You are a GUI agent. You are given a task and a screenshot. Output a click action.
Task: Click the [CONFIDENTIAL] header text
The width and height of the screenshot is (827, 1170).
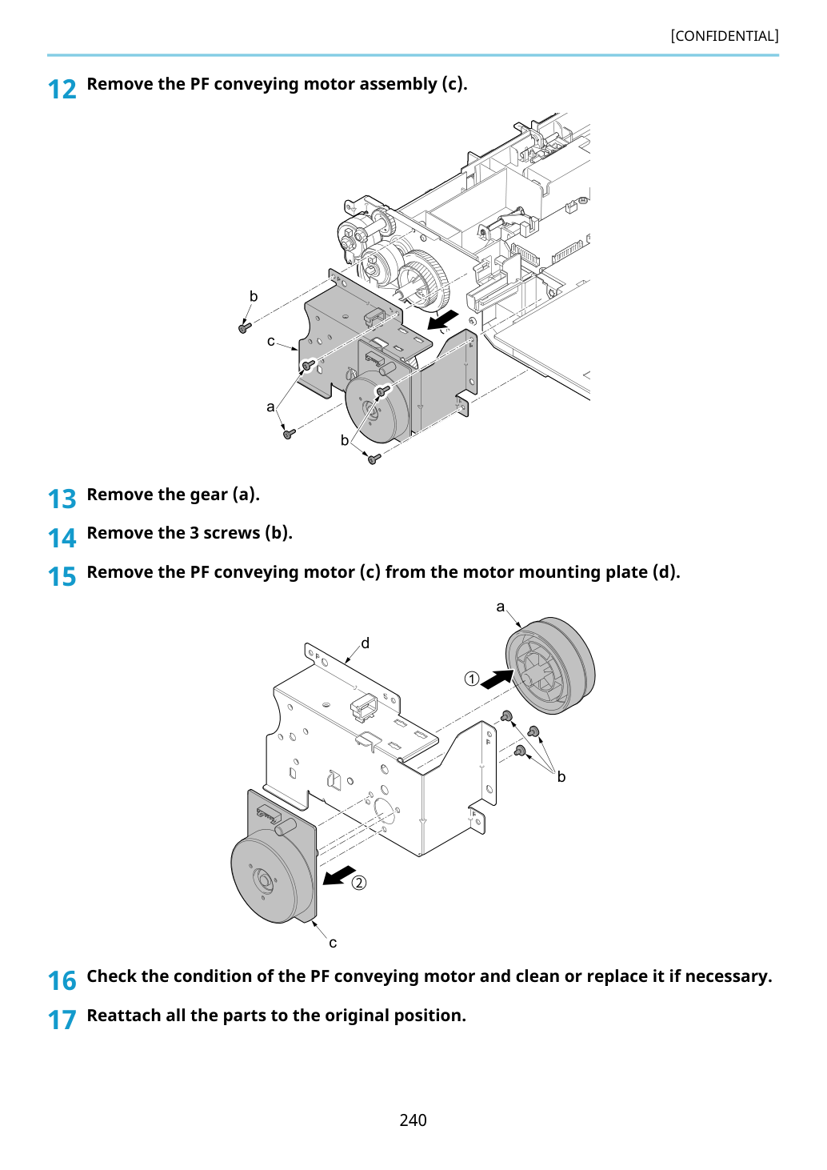pos(724,36)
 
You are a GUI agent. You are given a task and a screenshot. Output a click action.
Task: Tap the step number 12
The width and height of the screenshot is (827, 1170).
pos(62,89)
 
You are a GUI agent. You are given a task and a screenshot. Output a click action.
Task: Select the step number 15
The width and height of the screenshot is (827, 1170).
pos(62,577)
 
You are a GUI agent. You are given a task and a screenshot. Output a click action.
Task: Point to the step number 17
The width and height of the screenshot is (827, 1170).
pos(62,1020)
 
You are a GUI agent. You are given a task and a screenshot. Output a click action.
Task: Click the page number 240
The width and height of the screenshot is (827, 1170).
pos(413,1120)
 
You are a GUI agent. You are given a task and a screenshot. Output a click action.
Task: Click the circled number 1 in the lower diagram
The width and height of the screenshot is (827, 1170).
pos(471,679)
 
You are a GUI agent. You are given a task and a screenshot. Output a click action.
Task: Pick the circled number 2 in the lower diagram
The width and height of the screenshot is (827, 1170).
pos(358,883)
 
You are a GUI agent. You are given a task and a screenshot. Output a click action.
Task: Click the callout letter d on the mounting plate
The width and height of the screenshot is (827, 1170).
pos(366,643)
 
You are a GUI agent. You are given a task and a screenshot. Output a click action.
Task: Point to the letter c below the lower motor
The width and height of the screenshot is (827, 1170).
pos(333,943)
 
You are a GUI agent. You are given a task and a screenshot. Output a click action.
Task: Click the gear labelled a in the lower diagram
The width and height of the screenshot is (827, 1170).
pos(550,666)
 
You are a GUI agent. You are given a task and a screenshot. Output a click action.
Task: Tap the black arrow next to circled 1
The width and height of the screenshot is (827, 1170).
pos(497,679)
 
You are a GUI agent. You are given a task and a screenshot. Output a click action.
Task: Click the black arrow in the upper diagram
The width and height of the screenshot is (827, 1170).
pos(443,320)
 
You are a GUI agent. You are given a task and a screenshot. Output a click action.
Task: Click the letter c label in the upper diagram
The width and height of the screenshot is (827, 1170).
pos(271,341)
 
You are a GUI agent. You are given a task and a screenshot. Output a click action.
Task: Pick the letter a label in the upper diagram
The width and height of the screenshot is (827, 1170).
pos(270,407)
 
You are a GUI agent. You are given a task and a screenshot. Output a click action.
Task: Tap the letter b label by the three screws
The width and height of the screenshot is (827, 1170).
pos(561,777)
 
